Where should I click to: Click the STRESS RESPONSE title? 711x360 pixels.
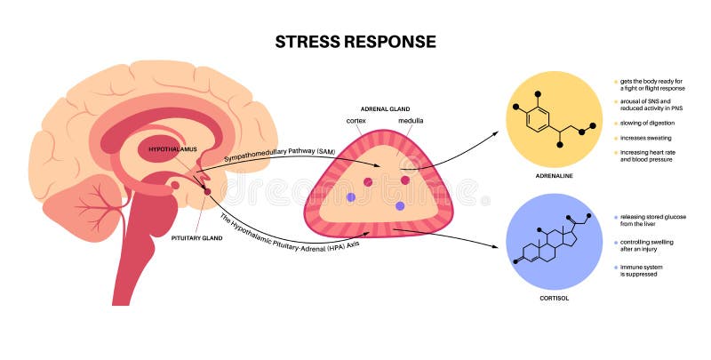355,41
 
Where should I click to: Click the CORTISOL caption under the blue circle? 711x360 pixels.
553,298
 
